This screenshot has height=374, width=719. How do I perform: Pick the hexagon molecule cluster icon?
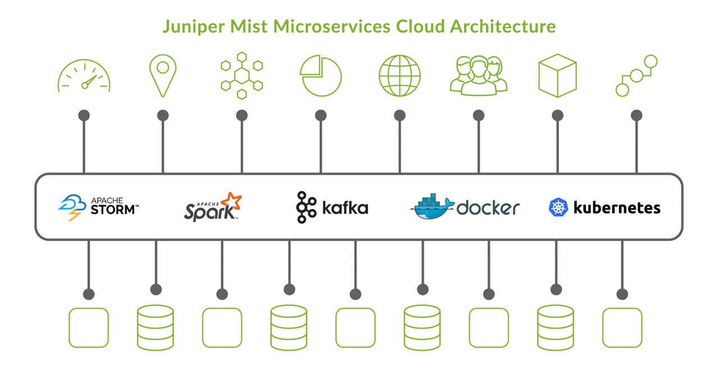[x=242, y=76]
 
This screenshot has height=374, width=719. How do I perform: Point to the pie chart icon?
[x=321, y=76]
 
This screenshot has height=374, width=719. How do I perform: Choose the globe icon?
[x=399, y=76]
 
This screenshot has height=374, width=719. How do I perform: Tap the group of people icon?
[x=479, y=76]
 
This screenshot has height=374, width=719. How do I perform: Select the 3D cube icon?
[x=557, y=76]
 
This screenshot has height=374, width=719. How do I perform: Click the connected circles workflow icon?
[x=636, y=76]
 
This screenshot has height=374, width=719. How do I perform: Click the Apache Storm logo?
[x=99, y=207]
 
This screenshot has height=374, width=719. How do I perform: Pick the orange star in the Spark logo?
[x=231, y=202]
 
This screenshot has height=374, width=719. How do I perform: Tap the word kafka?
[x=345, y=208]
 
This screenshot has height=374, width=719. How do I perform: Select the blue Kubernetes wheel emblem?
[x=558, y=207]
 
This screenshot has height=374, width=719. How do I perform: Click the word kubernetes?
[x=617, y=208]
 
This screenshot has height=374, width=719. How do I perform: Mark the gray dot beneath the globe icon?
[x=399, y=116]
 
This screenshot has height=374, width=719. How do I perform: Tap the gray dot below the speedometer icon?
[x=84, y=116]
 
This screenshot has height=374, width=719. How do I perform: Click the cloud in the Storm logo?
[x=71, y=203]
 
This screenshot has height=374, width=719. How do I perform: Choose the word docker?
[x=488, y=208]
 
